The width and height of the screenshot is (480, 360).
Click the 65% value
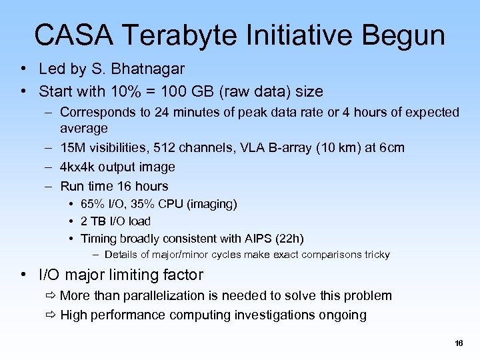pyautogui.click(x=93, y=203)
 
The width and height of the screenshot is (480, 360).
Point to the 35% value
pyautogui.click(x=147, y=203)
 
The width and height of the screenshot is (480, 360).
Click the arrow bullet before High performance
pyautogui.click(x=51, y=315)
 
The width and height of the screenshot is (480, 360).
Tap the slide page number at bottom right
pyautogui.click(x=458, y=343)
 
